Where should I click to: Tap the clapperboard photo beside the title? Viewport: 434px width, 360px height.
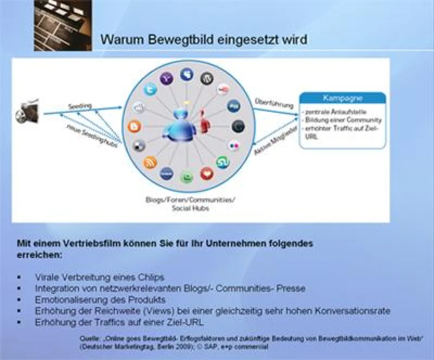pos(63,25)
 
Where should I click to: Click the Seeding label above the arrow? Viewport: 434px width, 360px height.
pos(80,106)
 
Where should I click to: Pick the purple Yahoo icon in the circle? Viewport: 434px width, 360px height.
pos(167,78)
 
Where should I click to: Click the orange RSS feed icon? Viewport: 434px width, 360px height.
pos(150,162)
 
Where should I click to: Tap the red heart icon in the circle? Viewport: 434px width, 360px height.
pos(207,173)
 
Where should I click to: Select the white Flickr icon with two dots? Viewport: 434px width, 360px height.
pos(234,146)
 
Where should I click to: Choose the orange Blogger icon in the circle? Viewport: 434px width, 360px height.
pos(135,127)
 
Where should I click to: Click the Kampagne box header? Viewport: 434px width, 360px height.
pos(343,98)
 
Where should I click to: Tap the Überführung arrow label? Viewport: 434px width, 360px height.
pos(274,103)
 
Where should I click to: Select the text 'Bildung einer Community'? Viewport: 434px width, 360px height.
pos(343,120)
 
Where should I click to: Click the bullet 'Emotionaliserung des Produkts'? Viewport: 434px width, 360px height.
pos(100,300)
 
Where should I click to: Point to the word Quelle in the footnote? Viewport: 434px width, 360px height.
pos(90,339)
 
